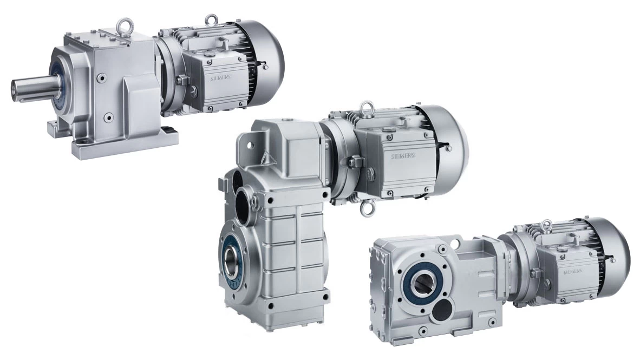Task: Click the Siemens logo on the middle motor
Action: [403, 156]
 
